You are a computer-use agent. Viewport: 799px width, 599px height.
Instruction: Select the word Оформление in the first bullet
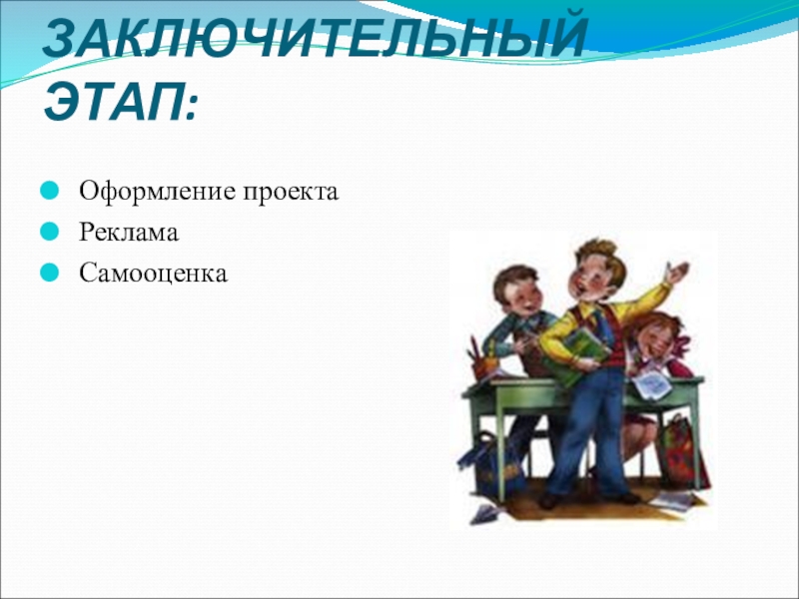click(158, 192)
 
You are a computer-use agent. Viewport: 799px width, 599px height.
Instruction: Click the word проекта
click(291, 193)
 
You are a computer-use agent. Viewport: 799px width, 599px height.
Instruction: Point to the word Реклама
click(129, 233)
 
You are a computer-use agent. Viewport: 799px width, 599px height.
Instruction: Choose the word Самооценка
click(153, 273)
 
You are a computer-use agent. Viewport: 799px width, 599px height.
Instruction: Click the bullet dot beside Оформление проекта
click(49, 191)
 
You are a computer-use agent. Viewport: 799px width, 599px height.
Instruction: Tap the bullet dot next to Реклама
click(49, 232)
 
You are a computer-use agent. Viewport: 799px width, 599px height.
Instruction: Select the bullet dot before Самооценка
click(49, 273)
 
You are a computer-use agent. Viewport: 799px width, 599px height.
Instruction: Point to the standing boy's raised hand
click(677, 272)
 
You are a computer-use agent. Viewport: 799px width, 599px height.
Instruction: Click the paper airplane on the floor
click(485, 513)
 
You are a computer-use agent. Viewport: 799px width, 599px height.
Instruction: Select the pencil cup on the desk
click(486, 364)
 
